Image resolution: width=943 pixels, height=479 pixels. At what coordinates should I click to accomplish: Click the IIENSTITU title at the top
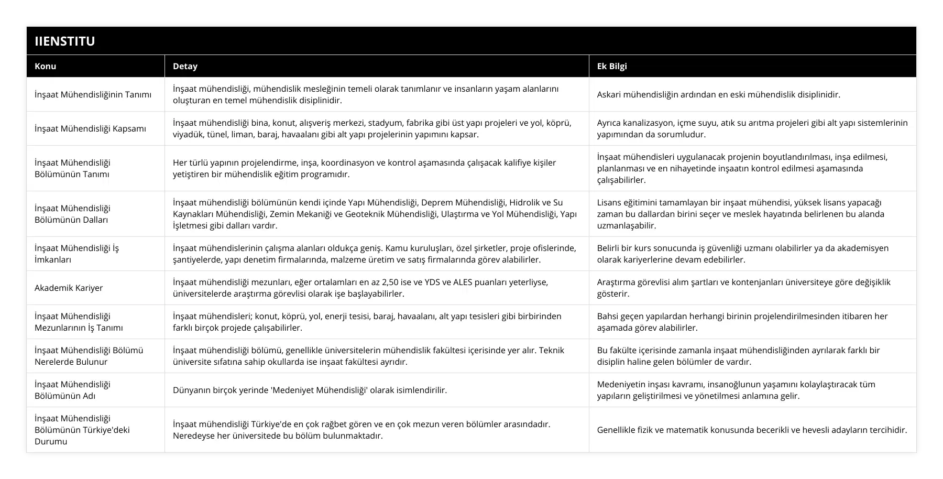pos(64,41)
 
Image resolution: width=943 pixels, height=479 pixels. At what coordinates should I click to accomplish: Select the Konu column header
pos(46,66)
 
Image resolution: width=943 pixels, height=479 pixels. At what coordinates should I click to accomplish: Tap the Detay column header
pos(185,66)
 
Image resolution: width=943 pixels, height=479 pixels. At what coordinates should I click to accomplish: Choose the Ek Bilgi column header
pos(612,66)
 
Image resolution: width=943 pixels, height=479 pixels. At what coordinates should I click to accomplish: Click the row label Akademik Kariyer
pos(69,288)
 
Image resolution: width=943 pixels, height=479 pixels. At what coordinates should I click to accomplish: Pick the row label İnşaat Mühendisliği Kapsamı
pos(90,128)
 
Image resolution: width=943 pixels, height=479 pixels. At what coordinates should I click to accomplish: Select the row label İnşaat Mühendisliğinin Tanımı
pos(93,94)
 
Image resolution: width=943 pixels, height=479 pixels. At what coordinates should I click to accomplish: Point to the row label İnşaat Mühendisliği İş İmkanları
pos(76,254)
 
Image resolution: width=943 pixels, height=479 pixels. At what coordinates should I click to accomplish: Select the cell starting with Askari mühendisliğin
pos(718,94)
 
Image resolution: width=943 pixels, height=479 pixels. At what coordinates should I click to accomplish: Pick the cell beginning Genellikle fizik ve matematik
pos(752,430)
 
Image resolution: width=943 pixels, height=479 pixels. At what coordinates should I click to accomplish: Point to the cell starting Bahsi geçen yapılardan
pos(742,322)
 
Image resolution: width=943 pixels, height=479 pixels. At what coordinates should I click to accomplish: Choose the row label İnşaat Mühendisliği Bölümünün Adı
pos(72,390)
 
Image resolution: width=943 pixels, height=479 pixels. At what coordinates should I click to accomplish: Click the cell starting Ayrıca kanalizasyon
pos(752,128)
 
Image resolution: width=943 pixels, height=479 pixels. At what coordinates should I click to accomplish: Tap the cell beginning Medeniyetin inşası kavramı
pos(736,390)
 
